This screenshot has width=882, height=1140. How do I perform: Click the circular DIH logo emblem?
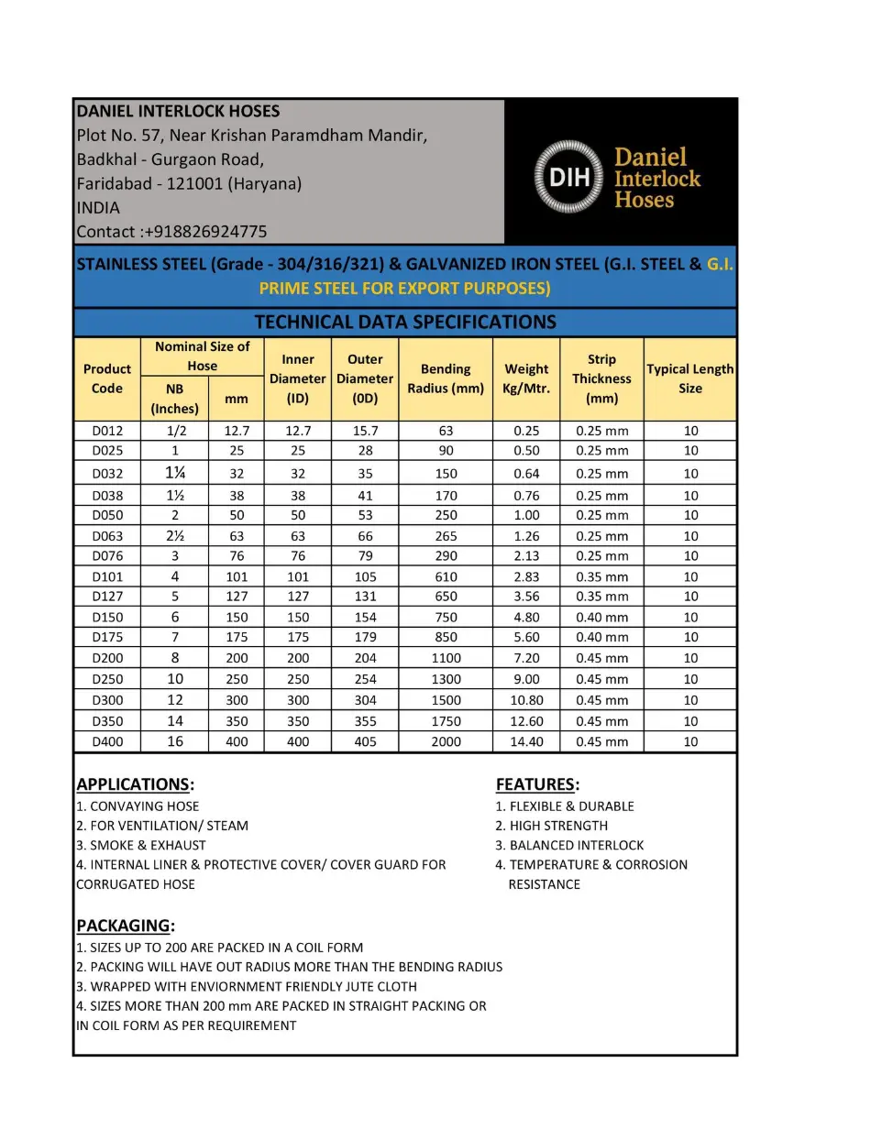[568, 177]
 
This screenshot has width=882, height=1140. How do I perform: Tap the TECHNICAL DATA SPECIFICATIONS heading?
[405, 323]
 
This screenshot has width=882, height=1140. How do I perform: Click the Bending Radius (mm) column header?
[446, 378]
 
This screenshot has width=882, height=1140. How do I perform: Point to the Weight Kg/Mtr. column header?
[526, 378]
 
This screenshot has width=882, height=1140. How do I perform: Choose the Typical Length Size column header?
[690, 378]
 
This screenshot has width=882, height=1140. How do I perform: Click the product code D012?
[107, 431]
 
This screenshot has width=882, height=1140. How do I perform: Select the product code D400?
[107, 742]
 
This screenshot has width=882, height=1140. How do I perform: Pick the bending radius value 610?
[446, 577]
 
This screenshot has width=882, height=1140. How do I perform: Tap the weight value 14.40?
[526, 742]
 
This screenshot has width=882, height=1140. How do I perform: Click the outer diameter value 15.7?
[365, 431]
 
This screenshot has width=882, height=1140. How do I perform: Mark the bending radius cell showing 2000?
[446, 742]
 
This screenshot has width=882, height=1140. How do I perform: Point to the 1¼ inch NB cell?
[175, 473]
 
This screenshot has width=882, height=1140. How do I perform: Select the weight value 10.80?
[526, 700]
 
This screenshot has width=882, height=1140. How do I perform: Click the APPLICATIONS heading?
[135, 784]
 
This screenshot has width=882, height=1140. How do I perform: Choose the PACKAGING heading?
[126, 926]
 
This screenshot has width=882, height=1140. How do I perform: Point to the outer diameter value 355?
[365, 722]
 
